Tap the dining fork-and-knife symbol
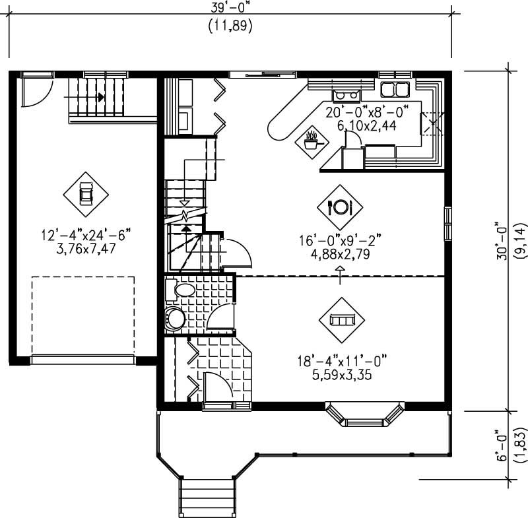(341, 207)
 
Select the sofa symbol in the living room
(341, 319)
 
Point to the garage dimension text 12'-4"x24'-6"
(86, 234)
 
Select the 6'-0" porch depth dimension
(504, 447)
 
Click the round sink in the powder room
(175, 319)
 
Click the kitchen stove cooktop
(346, 95)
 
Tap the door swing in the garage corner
(33, 92)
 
